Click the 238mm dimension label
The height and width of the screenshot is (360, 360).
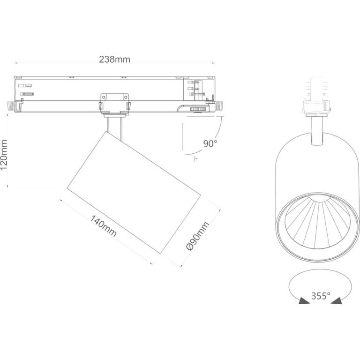pyautogui.click(x=114, y=60)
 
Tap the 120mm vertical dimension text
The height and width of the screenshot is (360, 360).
pyautogui.click(x=4, y=155)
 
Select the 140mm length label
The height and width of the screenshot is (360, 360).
pyautogui.click(x=103, y=226)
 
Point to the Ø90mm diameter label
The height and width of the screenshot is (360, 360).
pyautogui.click(x=198, y=236)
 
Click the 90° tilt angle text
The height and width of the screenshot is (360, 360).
pyautogui.click(x=210, y=144)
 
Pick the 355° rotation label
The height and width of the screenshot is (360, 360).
pyautogui.click(x=321, y=296)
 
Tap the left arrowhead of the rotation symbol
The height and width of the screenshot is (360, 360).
pyautogui.click(x=304, y=301)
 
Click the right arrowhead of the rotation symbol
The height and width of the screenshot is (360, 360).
pyautogui.click(x=337, y=301)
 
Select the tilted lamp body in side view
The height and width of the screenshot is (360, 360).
pyautogui.click(x=134, y=192)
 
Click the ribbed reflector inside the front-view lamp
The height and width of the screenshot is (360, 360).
pyautogui.click(x=317, y=222)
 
